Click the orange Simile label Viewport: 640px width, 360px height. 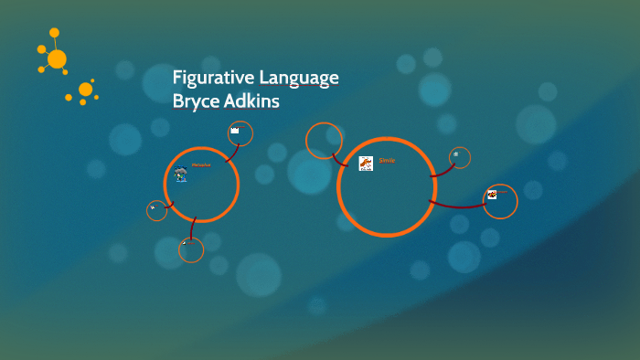coord(387,161)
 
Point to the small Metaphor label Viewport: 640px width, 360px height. coord(201,165)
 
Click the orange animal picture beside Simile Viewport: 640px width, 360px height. coord(366,164)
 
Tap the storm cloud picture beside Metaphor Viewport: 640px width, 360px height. coord(181,174)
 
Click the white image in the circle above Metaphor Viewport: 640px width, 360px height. coord(235,131)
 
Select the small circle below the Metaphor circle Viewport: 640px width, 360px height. coord(191,249)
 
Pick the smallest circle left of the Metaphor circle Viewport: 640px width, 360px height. coord(156,210)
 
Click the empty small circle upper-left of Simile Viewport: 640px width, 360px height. coord(324,141)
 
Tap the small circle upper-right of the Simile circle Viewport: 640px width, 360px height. coord(459,157)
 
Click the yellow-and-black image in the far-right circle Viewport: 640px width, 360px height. coord(493,194)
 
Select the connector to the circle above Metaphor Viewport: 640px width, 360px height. coord(229,154)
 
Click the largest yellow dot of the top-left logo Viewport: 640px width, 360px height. coord(57,59)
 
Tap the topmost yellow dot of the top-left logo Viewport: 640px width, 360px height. coord(54,32)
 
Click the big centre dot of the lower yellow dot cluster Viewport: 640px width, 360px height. coord(85,90)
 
